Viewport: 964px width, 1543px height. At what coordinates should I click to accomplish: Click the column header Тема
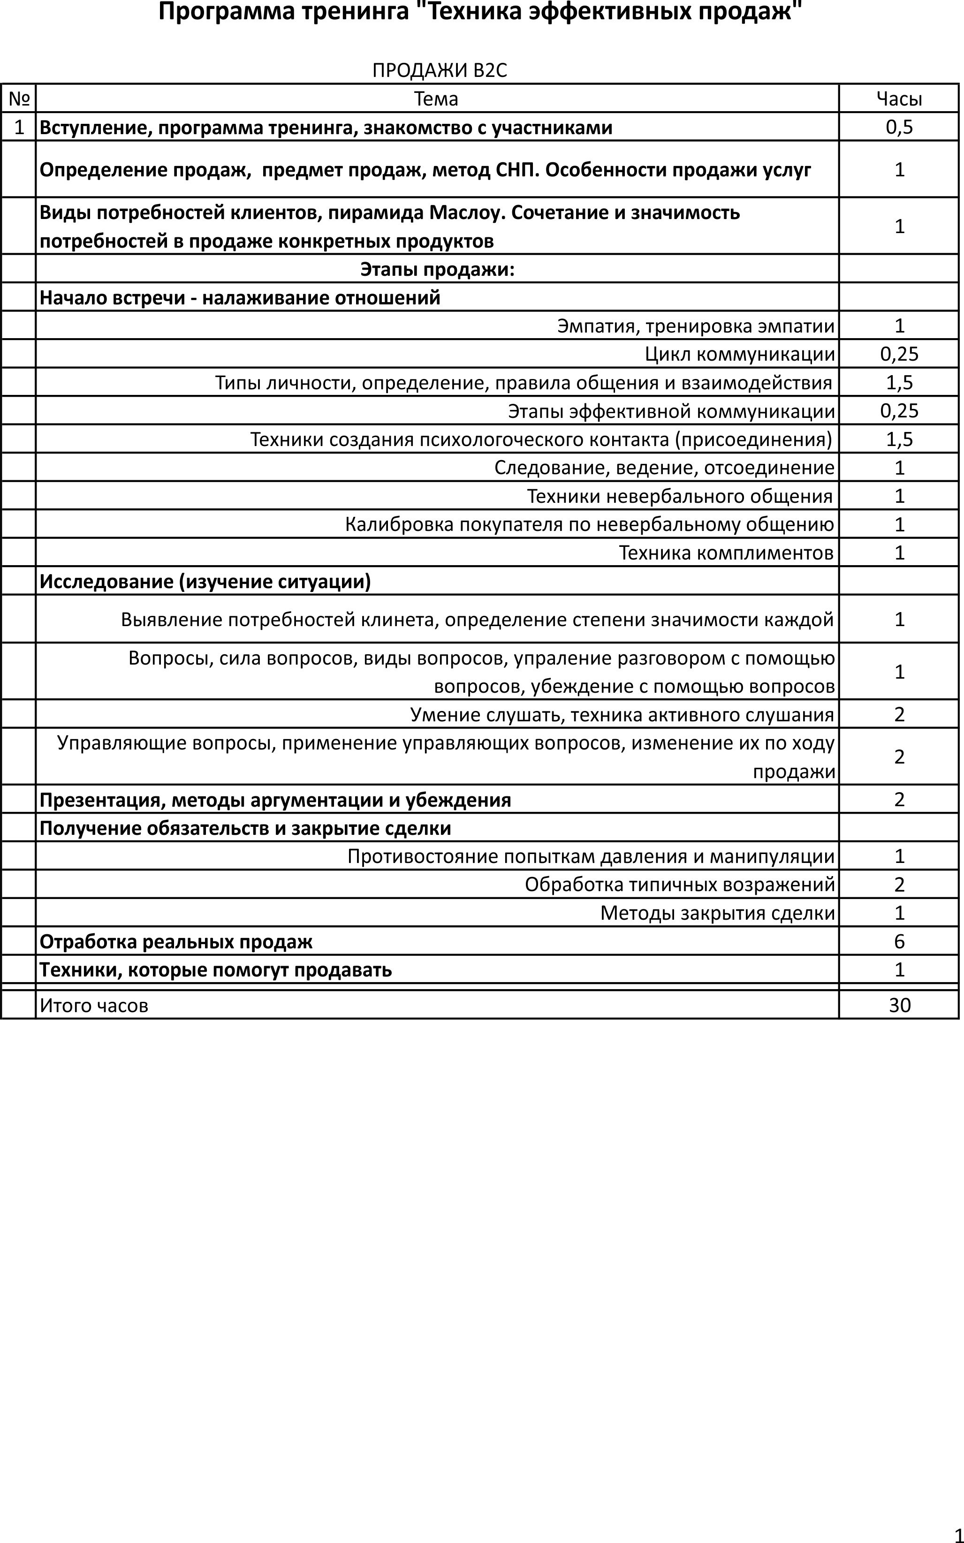pyautogui.click(x=436, y=99)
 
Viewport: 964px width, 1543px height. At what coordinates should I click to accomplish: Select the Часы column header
pyautogui.click(x=899, y=99)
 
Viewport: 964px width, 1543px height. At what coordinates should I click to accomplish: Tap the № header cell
pyautogui.click(x=19, y=99)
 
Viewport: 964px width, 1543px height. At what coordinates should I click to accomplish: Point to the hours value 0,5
pyautogui.click(x=899, y=128)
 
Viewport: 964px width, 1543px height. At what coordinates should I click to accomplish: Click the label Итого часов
pyautogui.click(x=94, y=1006)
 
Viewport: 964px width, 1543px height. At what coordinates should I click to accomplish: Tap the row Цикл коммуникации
pyautogui.click(x=740, y=355)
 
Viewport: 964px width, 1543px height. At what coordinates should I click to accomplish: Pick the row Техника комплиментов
pyautogui.click(x=726, y=552)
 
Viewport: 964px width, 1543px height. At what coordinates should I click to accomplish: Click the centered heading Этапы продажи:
pyautogui.click(x=437, y=270)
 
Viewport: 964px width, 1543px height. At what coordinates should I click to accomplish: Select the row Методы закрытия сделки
pyautogui.click(x=717, y=913)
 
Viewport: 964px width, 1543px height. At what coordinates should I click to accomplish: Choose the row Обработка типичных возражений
pyautogui.click(x=680, y=885)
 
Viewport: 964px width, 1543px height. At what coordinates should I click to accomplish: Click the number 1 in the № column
pyautogui.click(x=19, y=128)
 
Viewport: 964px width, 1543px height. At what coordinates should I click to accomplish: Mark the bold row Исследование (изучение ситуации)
pyautogui.click(x=205, y=581)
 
